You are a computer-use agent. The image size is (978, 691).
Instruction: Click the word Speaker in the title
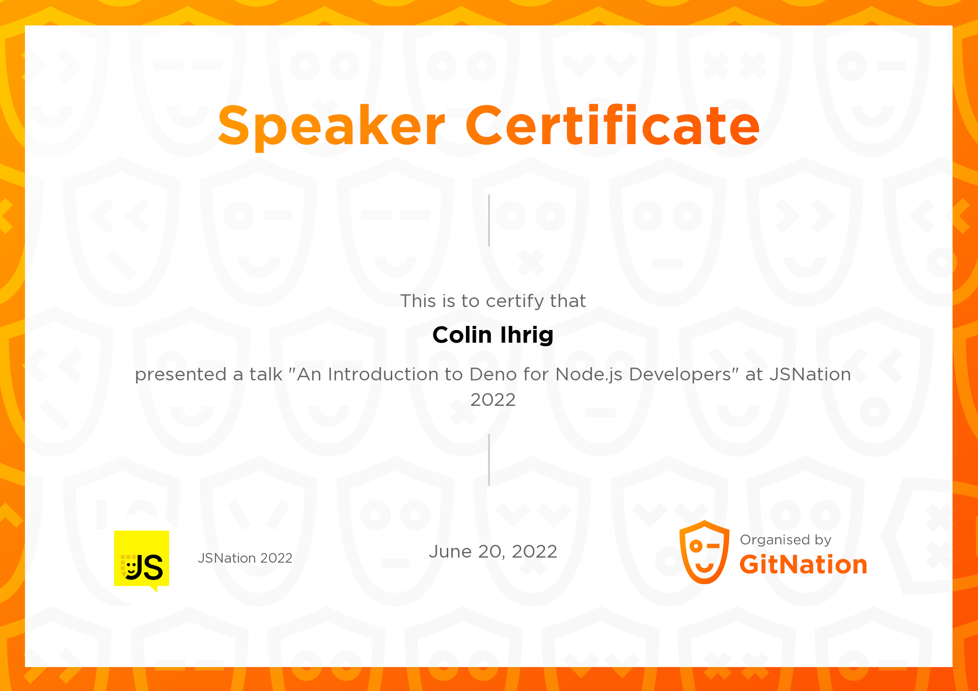pos(332,126)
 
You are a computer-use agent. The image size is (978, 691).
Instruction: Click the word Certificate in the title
pos(613,126)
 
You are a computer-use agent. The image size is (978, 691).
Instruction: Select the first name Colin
pos(462,335)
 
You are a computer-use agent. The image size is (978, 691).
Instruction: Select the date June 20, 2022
pos(493,551)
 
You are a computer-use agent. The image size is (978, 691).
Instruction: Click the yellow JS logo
pos(142,559)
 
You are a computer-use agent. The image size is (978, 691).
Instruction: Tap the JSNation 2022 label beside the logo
pos(245,558)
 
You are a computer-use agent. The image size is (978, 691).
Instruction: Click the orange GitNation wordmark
pos(803,565)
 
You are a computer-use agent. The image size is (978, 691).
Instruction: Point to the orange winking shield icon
pos(704,552)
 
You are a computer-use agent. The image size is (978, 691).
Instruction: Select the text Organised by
pos(785,540)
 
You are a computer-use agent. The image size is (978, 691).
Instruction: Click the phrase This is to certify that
pos(493,301)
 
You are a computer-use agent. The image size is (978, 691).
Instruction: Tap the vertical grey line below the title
pos(489,220)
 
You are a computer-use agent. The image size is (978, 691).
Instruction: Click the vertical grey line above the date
pos(489,460)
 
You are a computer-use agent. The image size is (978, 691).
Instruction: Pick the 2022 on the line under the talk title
pos(493,400)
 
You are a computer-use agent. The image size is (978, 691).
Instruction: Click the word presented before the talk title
pos(180,375)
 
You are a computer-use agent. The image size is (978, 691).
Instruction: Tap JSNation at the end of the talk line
pos(810,374)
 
